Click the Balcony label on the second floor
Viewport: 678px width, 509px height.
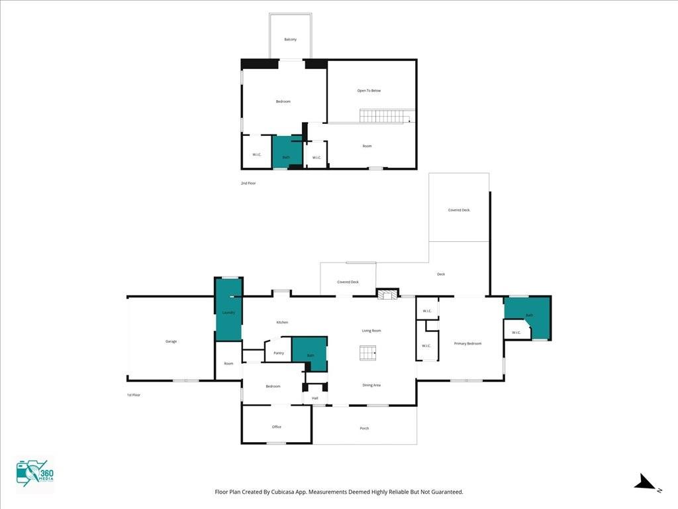point(290,40)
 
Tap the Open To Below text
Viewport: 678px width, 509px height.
point(369,91)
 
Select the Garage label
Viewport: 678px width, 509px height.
point(171,341)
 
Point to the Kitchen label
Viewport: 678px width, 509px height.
point(282,323)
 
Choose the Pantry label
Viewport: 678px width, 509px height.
point(279,353)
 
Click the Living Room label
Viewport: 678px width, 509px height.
point(371,331)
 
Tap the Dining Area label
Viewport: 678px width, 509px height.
point(371,385)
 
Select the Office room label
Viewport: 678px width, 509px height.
point(277,427)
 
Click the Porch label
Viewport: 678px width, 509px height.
point(364,429)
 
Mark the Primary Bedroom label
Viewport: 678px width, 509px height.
point(467,344)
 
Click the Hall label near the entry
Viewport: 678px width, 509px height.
point(315,398)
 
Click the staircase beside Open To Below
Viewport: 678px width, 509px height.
point(384,116)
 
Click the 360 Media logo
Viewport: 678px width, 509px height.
point(34,474)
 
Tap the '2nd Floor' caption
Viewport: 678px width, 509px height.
point(248,183)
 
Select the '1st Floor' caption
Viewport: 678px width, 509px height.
point(134,395)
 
